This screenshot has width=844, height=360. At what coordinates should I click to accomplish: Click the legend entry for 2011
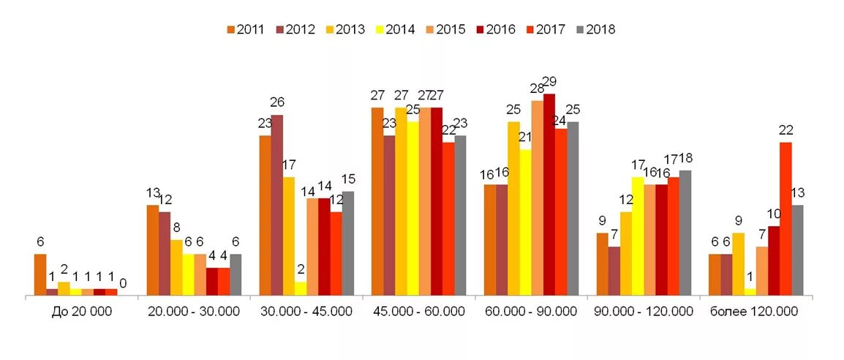click(x=246, y=30)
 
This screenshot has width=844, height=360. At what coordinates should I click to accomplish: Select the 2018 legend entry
click(x=595, y=30)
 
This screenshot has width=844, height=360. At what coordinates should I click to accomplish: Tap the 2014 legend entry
click(x=396, y=30)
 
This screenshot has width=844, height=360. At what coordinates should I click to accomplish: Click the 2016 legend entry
click(x=496, y=30)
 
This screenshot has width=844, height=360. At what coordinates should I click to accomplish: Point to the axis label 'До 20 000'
click(x=82, y=312)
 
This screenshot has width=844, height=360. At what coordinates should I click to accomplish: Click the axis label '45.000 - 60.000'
click(x=419, y=312)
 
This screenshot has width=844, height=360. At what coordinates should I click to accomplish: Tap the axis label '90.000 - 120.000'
click(x=644, y=312)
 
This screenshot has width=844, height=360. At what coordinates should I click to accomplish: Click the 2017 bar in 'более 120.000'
click(x=785, y=219)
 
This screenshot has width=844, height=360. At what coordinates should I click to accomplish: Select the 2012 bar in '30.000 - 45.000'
click(x=277, y=205)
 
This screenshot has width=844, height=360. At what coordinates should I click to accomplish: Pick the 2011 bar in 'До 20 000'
click(x=40, y=274)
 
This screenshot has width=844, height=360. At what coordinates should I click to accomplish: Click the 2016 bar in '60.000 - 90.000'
click(x=549, y=195)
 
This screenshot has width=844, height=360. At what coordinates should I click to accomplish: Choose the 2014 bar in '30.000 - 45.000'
click(x=301, y=288)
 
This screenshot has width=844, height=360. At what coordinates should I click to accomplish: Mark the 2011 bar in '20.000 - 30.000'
click(x=153, y=250)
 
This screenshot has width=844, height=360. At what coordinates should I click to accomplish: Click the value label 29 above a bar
click(x=549, y=81)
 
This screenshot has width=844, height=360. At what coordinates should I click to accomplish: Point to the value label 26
click(x=277, y=102)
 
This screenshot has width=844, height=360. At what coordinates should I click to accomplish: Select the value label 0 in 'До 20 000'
click(x=123, y=283)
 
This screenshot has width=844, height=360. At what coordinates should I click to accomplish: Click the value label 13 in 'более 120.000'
click(x=797, y=192)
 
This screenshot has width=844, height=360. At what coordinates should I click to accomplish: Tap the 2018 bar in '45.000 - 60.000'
click(x=460, y=215)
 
